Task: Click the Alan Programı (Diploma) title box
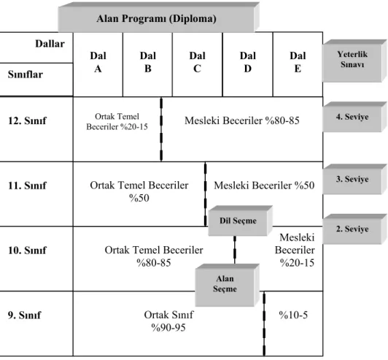(x=158, y=18)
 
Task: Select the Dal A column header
(x=98, y=62)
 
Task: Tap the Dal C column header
(x=197, y=62)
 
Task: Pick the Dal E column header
(x=298, y=62)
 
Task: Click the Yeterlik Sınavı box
(x=354, y=61)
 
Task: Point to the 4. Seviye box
(x=354, y=117)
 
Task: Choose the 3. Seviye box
(x=354, y=179)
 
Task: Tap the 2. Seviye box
(x=354, y=229)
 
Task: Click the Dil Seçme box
(x=240, y=221)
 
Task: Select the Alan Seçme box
(x=227, y=285)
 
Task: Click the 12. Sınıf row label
(x=27, y=120)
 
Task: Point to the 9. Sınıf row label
(x=24, y=315)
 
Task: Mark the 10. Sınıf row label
(x=27, y=250)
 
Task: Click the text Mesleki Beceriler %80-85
(x=242, y=120)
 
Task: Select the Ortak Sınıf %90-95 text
(x=168, y=321)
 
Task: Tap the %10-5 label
(x=293, y=315)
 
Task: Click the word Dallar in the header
(x=50, y=44)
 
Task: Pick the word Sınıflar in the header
(x=26, y=74)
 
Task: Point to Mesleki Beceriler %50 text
(x=264, y=185)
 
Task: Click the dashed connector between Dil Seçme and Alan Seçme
(x=235, y=250)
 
